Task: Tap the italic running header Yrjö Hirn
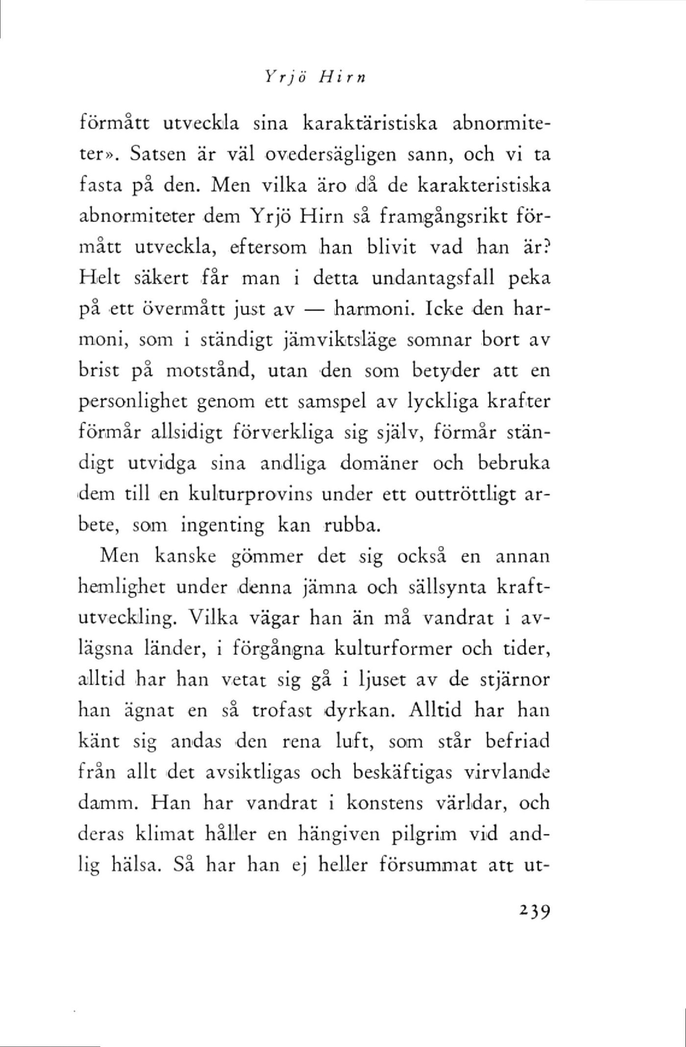click(316, 76)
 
